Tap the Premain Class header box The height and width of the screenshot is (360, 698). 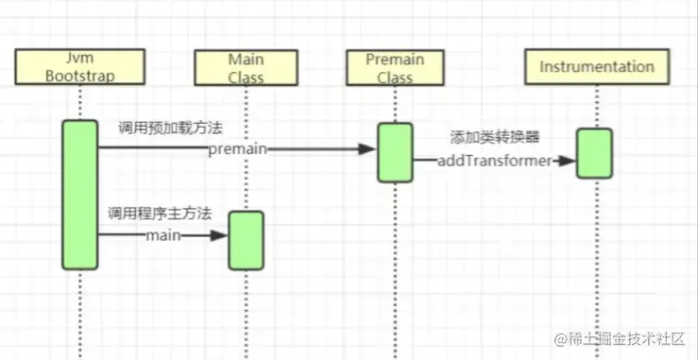click(396, 67)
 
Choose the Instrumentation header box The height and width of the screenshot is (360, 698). click(596, 67)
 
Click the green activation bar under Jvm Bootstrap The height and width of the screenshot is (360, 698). click(80, 194)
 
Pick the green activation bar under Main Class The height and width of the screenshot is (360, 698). click(246, 240)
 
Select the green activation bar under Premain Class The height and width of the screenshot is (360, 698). click(396, 151)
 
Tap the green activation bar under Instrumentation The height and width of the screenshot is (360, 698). click(595, 153)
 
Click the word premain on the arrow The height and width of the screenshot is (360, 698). click(238, 148)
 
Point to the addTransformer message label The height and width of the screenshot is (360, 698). click(494, 162)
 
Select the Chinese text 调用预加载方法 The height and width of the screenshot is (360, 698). click(170, 127)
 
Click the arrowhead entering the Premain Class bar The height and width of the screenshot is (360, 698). click(369, 148)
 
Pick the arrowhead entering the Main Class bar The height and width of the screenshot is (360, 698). click(219, 235)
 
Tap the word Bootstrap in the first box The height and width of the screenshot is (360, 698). click(80, 75)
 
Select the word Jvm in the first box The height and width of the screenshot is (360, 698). click(80, 58)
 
